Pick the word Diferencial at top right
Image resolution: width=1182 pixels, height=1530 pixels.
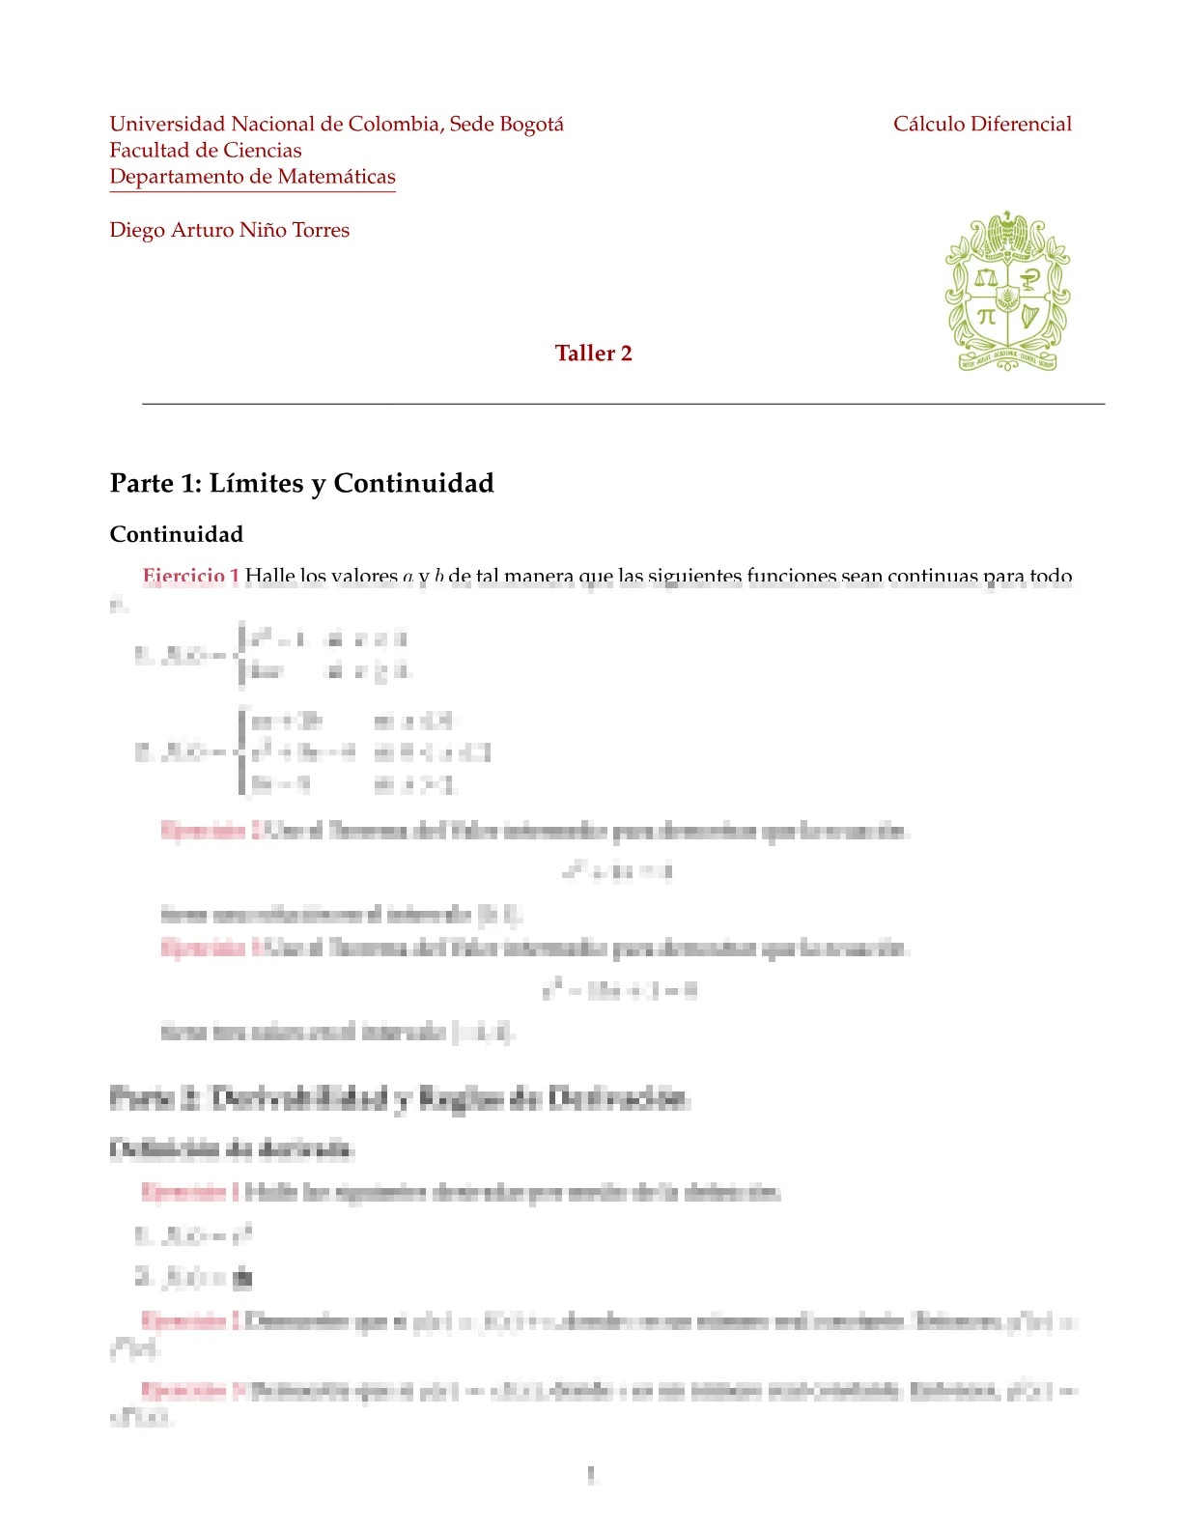click(x=1021, y=125)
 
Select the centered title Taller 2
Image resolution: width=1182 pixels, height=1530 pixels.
click(x=593, y=354)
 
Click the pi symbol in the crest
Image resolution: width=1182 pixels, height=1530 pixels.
click(x=985, y=316)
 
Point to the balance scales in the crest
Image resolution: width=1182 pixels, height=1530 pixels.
click(x=984, y=278)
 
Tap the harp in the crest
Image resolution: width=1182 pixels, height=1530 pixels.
click(x=1030, y=316)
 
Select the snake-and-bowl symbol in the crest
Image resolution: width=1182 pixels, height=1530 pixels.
click(x=1030, y=279)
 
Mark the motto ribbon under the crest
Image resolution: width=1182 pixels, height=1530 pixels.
click(x=1007, y=361)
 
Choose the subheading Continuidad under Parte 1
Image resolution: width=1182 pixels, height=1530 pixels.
click(x=176, y=535)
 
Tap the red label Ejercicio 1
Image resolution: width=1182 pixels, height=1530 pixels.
click(x=190, y=576)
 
